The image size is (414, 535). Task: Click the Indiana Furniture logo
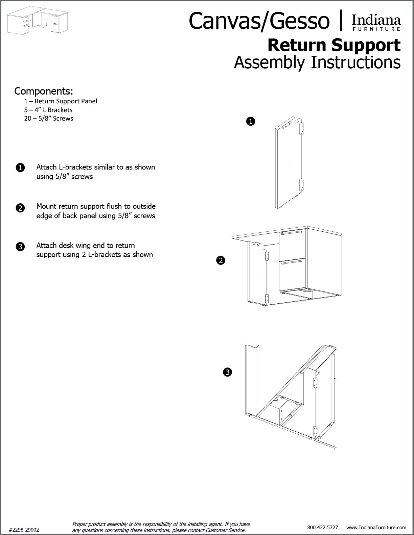pos(376,23)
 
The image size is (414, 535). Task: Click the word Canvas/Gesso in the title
pos(259,21)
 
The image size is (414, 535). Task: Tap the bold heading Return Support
pos(334,45)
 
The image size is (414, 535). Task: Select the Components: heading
pos(44,91)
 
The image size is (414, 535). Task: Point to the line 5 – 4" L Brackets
pos(48,110)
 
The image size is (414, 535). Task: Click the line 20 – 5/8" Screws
pos(48,118)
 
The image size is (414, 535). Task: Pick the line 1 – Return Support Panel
pos(61,101)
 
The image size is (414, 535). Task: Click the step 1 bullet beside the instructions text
pos(20,168)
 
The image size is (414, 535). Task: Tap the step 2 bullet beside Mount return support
pos(20,208)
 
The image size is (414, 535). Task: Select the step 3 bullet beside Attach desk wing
pos(20,247)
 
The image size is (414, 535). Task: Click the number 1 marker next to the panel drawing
pos(250,121)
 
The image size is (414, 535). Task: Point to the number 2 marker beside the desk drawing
pos(221,260)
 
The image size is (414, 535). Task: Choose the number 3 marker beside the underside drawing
pos(227,372)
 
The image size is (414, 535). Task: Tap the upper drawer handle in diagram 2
pos(292,232)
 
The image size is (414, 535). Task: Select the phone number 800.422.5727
pos(322,527)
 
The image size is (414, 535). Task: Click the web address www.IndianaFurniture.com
pos(376,527)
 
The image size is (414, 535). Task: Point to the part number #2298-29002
pos(24,530)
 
